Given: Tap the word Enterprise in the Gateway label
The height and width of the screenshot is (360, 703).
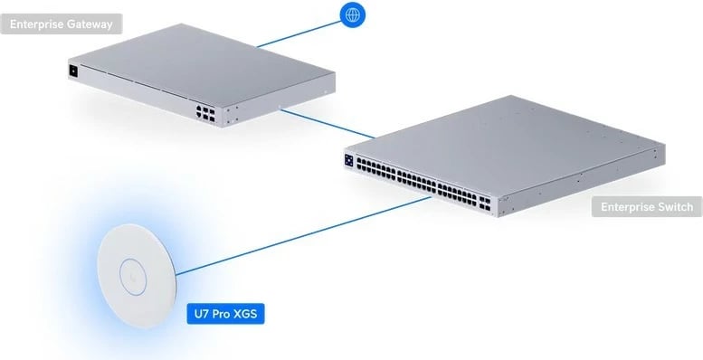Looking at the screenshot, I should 38,24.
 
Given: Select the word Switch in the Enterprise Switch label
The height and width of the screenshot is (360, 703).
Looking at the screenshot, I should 674,208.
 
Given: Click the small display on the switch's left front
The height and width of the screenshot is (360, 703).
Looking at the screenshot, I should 349,159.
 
